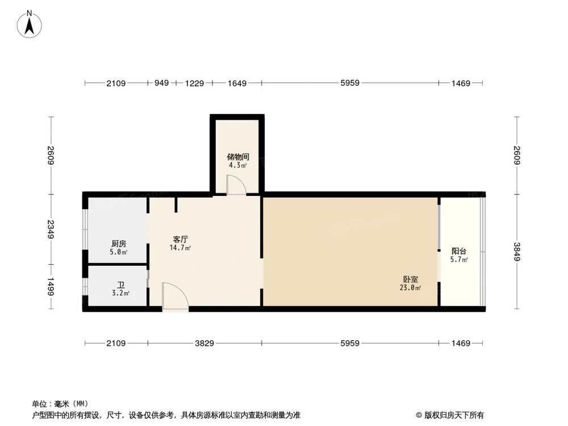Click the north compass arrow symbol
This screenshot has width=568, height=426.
click(x=29, y=25)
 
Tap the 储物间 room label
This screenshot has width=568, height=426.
click(x=237, y=157)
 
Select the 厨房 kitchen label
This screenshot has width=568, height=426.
click(x=119, y=244)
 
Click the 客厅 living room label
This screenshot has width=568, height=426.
click(x=179, y=239)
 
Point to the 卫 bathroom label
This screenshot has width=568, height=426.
click(x=120, y=285)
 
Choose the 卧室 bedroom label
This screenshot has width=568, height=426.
click(x=411, y=279)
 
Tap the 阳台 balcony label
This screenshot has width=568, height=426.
click(x=459, y=251)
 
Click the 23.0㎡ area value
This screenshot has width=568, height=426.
click(x=411, y=288)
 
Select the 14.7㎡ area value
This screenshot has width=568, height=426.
click(x=179, y=248)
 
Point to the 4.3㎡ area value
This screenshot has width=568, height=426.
click(x=237, y=165)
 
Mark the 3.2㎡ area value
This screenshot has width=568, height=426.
click(x=120, y=293)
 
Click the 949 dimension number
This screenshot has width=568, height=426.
click(x=162, y=83)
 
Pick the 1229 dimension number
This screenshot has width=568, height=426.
click(x=195, y=83)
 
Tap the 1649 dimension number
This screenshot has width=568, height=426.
click(x=237, y=83)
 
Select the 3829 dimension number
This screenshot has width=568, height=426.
click(x=204, y=343)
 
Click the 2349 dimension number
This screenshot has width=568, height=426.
click(x=51, y=229)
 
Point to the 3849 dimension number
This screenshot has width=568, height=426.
click(x=516, y=252)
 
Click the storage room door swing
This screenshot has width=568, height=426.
click(x=236, y=185)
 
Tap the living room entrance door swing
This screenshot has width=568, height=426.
click(x=175, y=296)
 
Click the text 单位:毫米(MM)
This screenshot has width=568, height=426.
click(x=57, y=404)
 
